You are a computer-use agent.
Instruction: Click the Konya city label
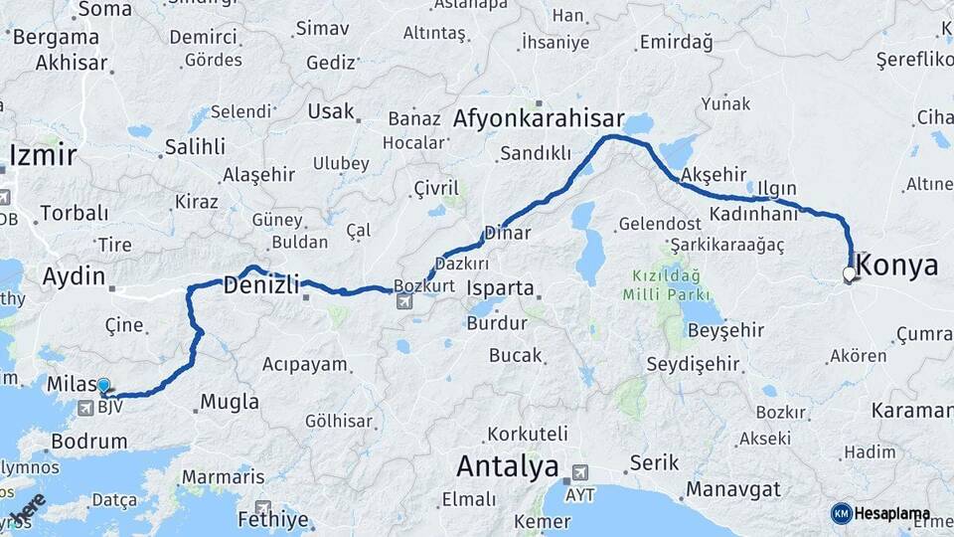896,266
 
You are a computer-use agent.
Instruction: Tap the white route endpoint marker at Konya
849,273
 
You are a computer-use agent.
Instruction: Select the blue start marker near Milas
103,385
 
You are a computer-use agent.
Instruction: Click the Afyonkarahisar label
539,118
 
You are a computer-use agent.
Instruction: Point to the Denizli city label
261,285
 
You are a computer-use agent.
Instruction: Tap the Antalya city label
507,465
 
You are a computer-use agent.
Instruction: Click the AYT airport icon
578,472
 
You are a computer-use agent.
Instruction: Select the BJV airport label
111,406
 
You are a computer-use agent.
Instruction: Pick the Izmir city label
43,155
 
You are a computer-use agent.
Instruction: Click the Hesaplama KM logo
880,513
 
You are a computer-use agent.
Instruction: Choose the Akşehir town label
715,175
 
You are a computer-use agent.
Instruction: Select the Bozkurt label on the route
423,284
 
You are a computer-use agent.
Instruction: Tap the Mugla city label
230,403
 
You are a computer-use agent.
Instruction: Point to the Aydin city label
74,276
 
